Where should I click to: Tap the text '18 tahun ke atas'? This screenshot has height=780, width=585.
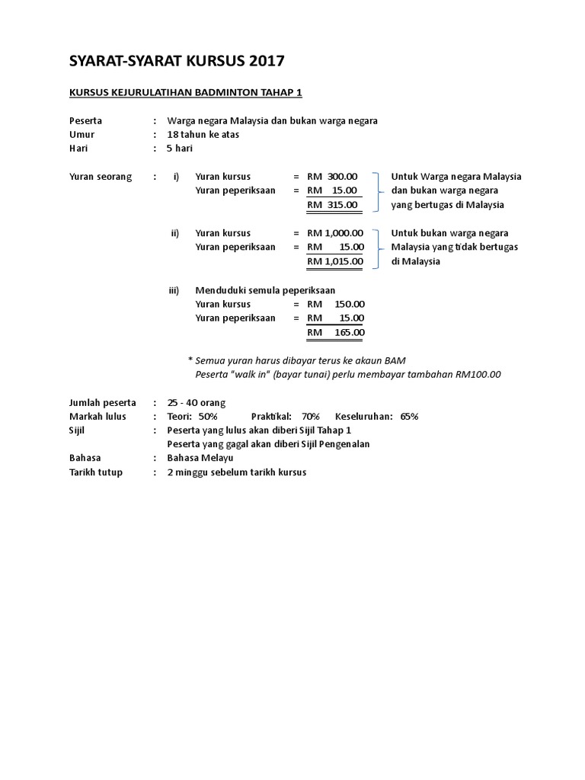coord(202,135)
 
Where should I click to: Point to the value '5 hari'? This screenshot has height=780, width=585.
coord(180,149)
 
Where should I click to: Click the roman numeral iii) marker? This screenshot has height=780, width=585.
coord(174,290)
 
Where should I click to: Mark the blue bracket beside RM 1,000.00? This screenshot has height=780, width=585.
coord(379,248)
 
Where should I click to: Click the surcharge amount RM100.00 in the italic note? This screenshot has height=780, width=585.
coord(478,374)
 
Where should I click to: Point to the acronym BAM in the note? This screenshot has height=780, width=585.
coord(395,360)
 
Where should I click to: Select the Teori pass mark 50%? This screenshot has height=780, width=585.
coord(208,417)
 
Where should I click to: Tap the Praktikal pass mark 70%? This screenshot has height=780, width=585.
coord(310,417)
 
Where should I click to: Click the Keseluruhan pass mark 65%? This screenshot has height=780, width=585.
coord(409,417)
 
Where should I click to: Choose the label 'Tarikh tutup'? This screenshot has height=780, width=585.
coord(96,472)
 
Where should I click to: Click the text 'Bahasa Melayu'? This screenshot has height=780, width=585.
coord(200,458)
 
